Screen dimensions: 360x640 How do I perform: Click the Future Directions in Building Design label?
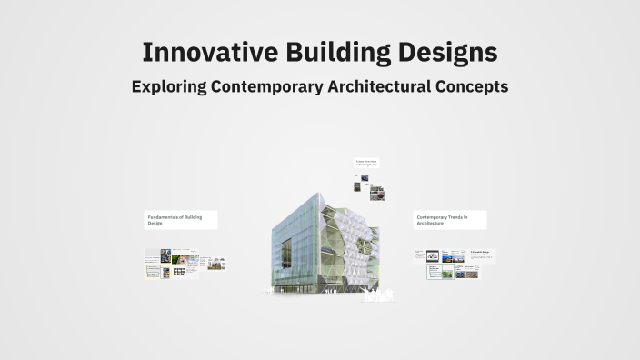366,164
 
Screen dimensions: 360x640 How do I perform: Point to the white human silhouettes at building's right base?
378,294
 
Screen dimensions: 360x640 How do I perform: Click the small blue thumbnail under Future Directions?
365,178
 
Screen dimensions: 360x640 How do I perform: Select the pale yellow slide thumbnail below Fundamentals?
154,268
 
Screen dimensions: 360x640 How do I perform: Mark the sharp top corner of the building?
322,193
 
